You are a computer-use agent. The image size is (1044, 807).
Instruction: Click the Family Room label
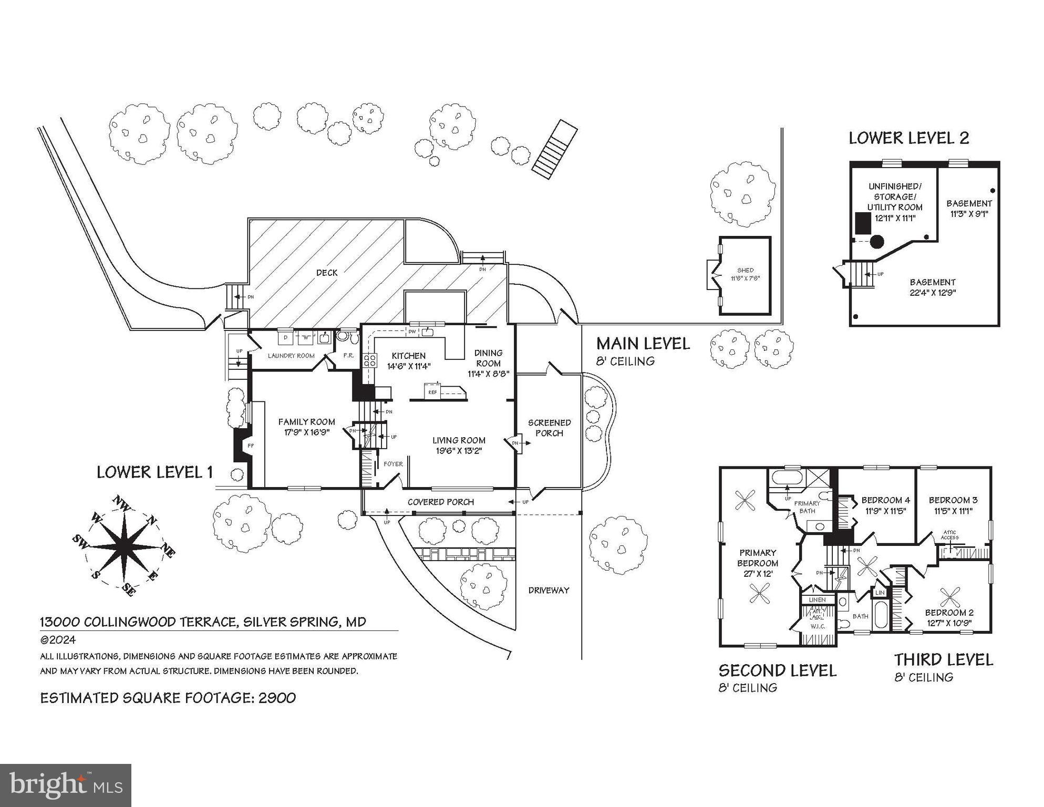(x=306, y=422)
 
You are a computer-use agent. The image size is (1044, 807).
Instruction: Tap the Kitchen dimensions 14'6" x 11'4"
(x=408, y=367)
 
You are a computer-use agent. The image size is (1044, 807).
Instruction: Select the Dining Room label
(x=488, y=358)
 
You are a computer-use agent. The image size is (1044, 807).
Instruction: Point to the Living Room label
(x=458, y=440)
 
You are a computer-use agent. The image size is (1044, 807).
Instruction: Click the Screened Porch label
(x=549, y=428)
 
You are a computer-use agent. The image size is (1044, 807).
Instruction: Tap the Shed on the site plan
(x=745, y=275)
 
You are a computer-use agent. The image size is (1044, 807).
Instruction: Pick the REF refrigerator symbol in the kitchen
(x=432, y=392)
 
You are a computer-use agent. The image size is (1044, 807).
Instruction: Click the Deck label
(x=327, y=273)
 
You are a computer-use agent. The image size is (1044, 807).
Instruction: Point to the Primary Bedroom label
(x=757, y=557)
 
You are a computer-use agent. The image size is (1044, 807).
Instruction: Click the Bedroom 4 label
(x=885, y=500)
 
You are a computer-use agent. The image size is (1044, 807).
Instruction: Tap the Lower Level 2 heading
(x=908, y=138)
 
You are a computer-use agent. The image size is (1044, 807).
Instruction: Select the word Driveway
(x=549, y=590)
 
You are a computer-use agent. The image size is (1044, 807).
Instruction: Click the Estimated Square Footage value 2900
(x=276, y=698)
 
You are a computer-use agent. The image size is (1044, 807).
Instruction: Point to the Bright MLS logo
(x=66, y=785)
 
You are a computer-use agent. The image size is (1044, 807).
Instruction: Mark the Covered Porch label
(x=440, y=502)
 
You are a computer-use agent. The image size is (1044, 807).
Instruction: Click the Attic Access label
(x=949, y=535)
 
